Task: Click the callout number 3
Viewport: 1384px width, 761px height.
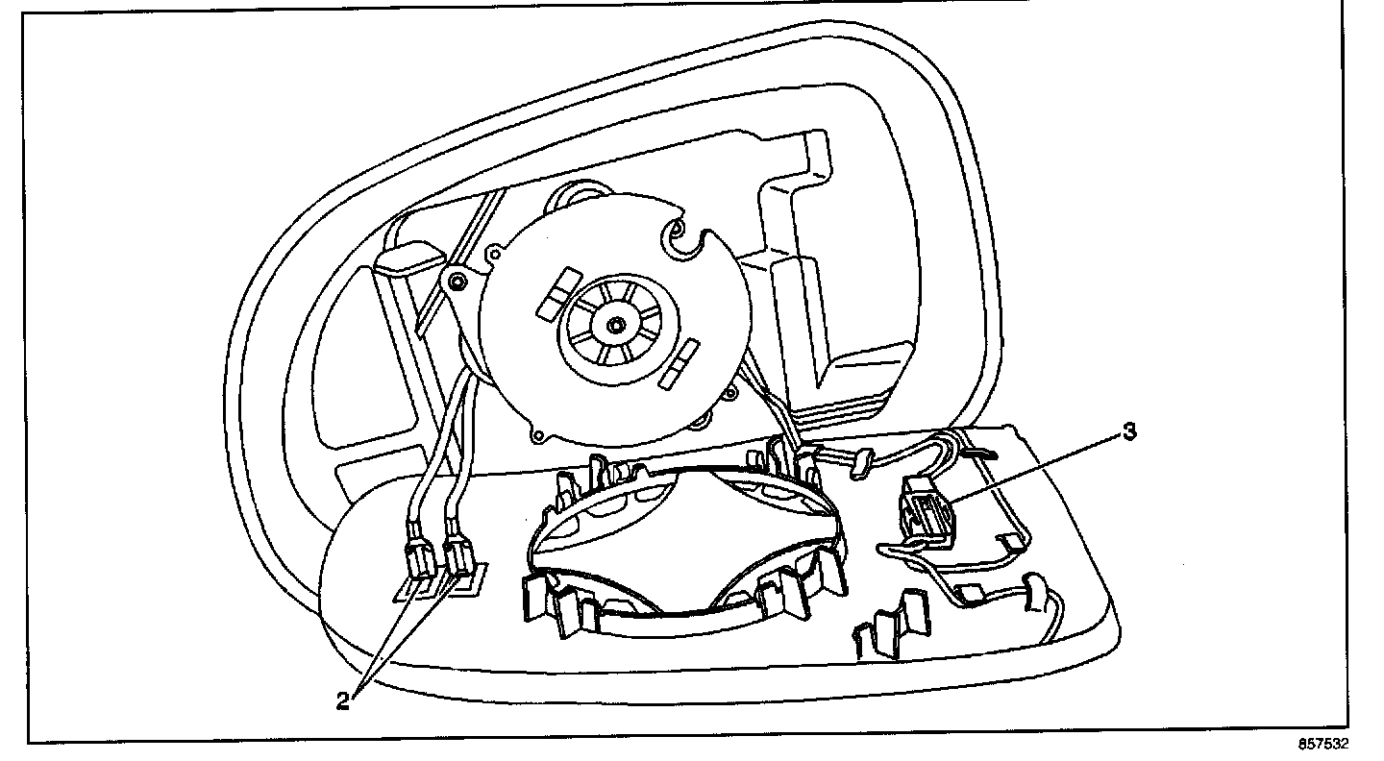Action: tap(1129, 431)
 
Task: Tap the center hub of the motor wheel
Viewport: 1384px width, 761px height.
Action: tap(613, 324)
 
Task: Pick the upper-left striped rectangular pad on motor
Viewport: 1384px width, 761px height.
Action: tap(554, 293)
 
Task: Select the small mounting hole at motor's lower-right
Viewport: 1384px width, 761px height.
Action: tap(732, 391)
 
